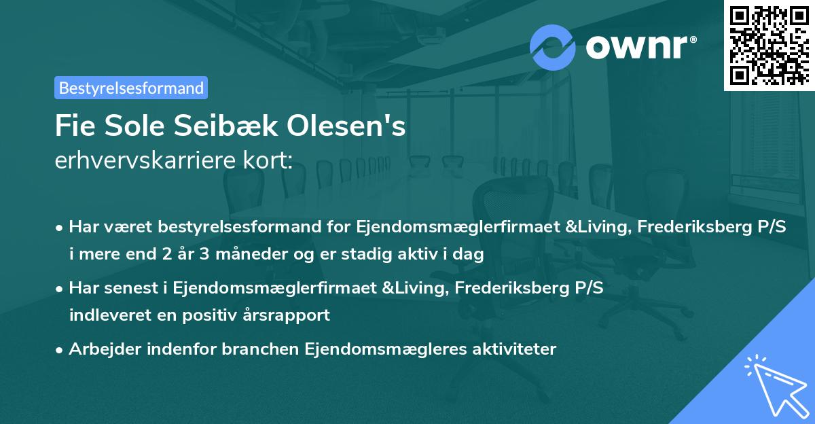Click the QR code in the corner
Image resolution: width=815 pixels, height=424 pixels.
(x=769, y=45)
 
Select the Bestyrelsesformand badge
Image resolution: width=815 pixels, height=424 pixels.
(x=131, y=88)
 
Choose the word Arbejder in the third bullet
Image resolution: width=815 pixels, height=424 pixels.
(x=99, y=349)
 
